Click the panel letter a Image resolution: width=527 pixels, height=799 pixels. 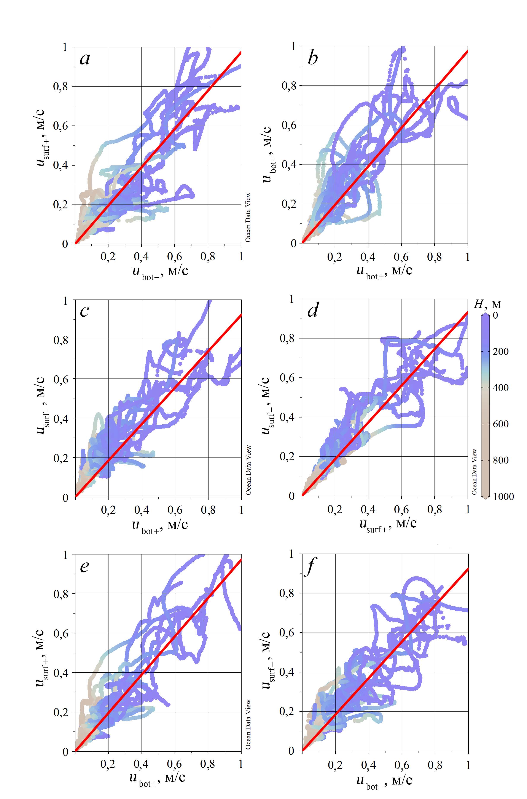[x=85, y=59]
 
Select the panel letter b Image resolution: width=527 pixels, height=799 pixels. [x=313, y=59]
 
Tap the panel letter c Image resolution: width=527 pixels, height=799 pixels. [x=84, y=311]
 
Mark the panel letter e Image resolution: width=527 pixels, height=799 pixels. [x=84, y=566]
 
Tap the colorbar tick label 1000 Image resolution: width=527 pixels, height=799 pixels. [x=503, y=496]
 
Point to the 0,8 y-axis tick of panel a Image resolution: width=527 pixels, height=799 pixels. [x=63, y=87]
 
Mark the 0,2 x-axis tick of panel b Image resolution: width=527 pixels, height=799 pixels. [x=335, y=257]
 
